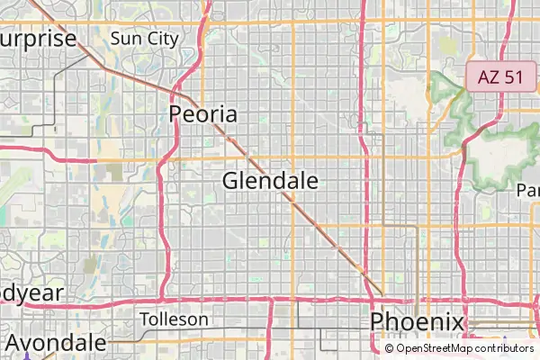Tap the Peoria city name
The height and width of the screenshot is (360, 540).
pyautogui.click(x=204, y=114)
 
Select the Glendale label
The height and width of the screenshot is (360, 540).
pyautogui.click(x=270, y=181)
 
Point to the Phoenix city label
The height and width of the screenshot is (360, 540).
pyautogui.click(x=417, y=322)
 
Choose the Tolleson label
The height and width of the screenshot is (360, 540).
pyautogui.click(x=175, y=319)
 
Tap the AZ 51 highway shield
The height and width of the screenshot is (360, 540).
pyautogui.click(x=500, y=76)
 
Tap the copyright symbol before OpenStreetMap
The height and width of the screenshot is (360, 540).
pyautogui.click(x=390, y=348)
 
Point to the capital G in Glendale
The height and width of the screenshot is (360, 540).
pyautogui.click(x=231, y=181)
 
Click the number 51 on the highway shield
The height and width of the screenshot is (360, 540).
pyautogui.click(x=513, y=76)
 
